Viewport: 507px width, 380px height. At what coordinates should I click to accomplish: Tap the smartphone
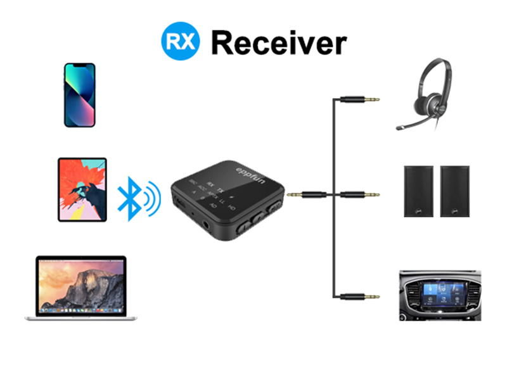79,95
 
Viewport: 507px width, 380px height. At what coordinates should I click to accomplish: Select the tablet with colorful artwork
82,189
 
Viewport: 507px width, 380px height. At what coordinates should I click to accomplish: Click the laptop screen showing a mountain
80,284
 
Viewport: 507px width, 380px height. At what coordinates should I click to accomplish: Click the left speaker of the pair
419,191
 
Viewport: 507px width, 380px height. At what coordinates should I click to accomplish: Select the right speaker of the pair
454,191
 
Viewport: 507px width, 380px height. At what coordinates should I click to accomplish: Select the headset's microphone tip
399,127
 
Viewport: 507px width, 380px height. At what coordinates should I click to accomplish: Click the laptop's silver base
80,316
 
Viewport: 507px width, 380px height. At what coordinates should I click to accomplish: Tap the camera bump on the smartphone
70,70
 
